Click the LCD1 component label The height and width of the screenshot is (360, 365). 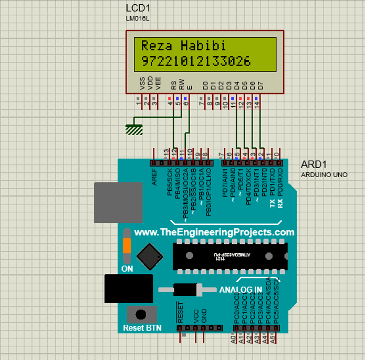click(x=137, y=8)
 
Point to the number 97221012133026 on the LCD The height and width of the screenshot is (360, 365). click(x=196, y=61)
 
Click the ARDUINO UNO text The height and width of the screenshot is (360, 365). click(x=324, y=174)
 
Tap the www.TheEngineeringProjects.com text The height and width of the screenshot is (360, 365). click(x=214, y=232)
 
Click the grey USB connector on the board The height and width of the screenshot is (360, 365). click(x=118, y=202)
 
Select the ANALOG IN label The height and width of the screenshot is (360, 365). click(x=241, y=290)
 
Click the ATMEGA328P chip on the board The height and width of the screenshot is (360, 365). click(x=230, y=256)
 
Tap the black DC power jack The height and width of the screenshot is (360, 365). click(x=128, y=288)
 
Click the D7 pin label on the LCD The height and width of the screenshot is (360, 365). click(x=261, y=84)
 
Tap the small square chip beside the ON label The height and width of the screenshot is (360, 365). click(x=149, y=256)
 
